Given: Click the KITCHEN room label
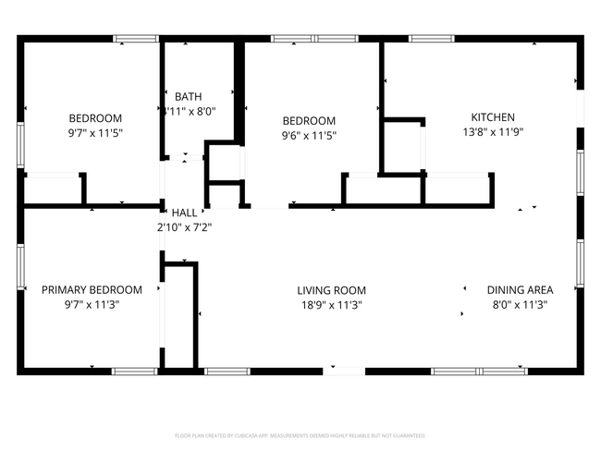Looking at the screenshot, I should (493, 117).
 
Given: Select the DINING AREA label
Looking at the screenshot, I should (518, 289).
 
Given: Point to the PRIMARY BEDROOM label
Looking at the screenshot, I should (92, 289).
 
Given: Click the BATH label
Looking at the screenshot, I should (188, 96).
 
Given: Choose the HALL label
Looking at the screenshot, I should (184, 212).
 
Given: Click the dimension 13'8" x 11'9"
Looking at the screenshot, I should (493, 132).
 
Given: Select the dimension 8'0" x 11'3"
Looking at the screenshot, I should (518, 304).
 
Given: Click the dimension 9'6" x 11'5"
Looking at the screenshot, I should (309, 135).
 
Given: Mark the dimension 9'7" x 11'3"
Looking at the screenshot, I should (92, 304).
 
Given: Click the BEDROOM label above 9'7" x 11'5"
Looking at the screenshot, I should (95, 117).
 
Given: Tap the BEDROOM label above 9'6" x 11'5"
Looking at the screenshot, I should (309, 120).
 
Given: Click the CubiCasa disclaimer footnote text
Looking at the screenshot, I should (300, 434).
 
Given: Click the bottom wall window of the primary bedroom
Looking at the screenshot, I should (135, 371).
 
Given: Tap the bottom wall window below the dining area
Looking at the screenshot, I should (479, 371).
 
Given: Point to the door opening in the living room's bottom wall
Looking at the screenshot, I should (344, 371).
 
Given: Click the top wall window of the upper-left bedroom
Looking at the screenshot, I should (135, 39).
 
